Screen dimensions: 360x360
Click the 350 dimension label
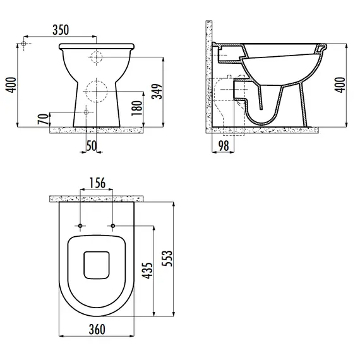61,30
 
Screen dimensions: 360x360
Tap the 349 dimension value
157,92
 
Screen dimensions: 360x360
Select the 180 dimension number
137,108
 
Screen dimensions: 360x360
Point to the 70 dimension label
43,119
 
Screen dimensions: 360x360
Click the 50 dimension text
92,146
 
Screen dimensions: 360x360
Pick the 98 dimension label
224,145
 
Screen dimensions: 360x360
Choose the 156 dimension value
97,183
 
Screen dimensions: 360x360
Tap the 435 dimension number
147,270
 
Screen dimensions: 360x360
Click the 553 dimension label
167,258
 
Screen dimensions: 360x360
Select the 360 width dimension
97,330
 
